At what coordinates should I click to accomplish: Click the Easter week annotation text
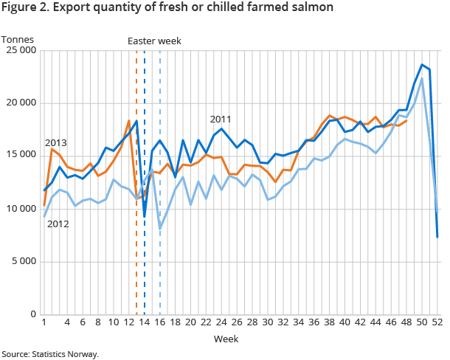(x=153, y=41)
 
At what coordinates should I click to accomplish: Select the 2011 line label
(x=221, y=119)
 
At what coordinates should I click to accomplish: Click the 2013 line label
(x=57, y=142)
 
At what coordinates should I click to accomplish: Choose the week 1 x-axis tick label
(x=44, y=323)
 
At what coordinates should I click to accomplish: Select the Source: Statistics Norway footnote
(x=49, y=354)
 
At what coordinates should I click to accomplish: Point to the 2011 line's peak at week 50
(x=422, y=65)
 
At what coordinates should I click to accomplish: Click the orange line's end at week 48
(x=406, y=120)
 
